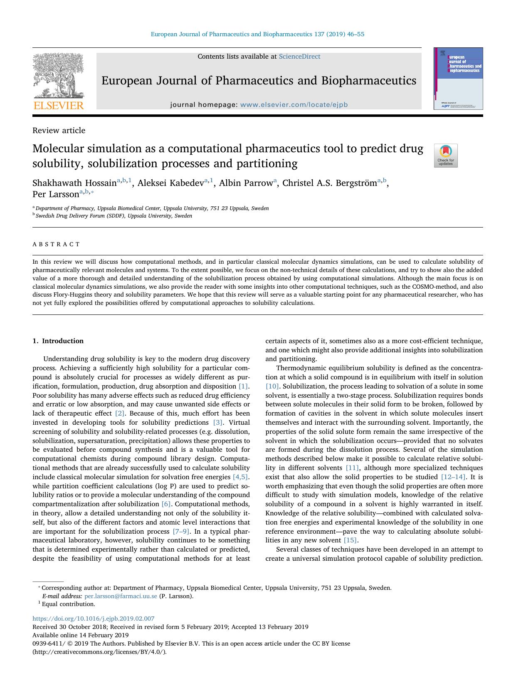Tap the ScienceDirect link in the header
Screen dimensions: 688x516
(299, 57)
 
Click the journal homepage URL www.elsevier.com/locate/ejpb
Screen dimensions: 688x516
(294, 105)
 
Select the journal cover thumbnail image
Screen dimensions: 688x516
(458, 79)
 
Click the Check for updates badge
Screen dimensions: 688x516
(445, 156)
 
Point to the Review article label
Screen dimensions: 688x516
(59, 130)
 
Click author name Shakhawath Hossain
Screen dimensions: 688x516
(74, 183)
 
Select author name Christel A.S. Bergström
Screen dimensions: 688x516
(329, 183)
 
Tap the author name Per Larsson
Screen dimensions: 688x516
(56, 194)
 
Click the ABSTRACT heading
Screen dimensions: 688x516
(56, 244)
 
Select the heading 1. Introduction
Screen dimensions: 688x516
(58, 341)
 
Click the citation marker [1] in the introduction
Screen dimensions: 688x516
(243, 386)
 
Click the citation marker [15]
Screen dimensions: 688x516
(350, 540)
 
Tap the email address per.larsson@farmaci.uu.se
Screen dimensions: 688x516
(121, 596)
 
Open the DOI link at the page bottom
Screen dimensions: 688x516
(93, 619)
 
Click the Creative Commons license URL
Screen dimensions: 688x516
(99, 652)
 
